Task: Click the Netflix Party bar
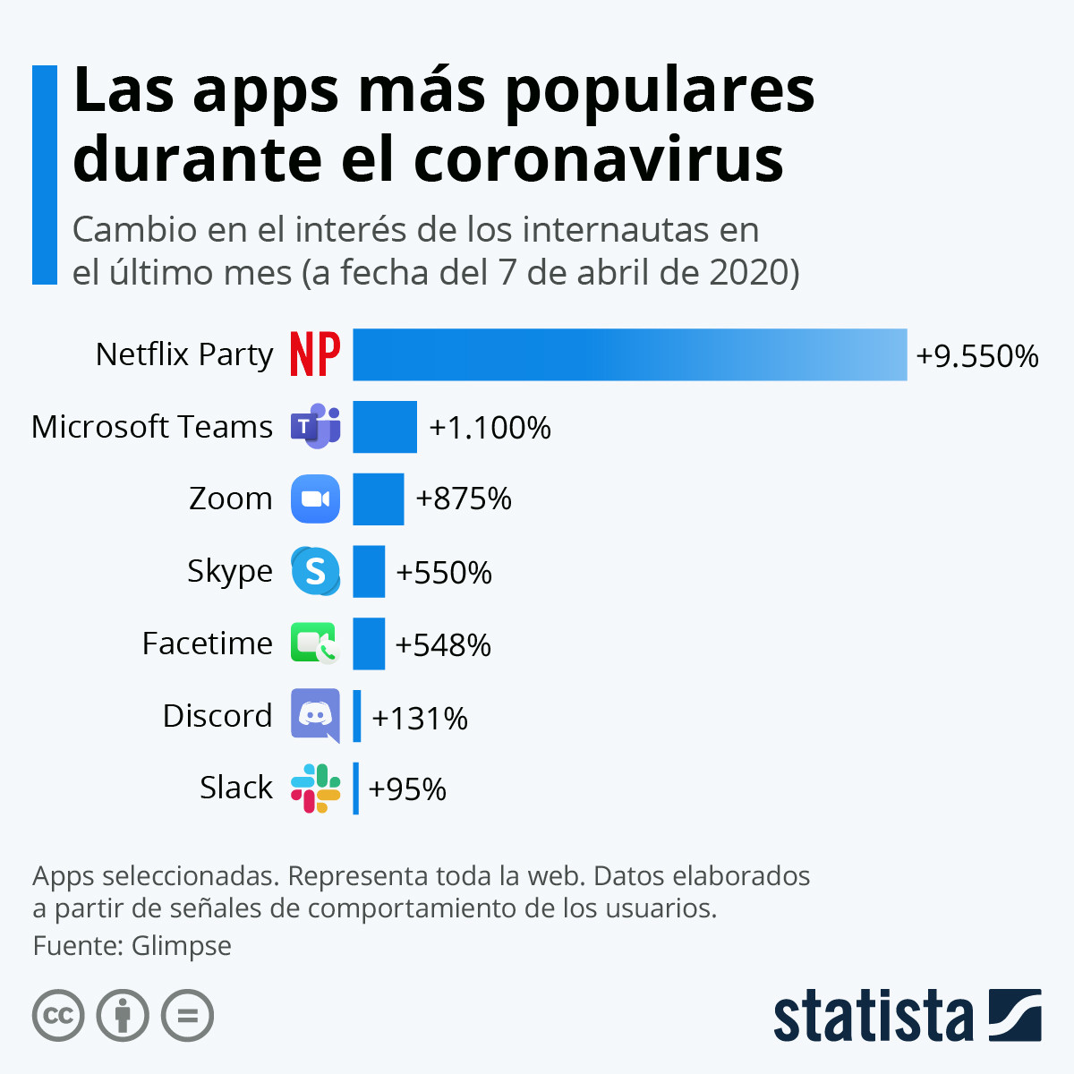coord(629,354)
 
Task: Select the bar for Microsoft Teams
coord(385,427)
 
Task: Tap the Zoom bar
coord(378,499)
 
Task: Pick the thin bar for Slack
coord(356,788)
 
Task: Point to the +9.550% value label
coord(976,356)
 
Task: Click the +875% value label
coord(464,499)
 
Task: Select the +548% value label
coord(443,645)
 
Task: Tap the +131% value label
coord(420,718)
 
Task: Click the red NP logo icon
coord(315,354)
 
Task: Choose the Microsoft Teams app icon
coord(315,427)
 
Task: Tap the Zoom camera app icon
coord(315,499)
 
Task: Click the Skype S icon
coord(315,571)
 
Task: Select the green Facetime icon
coord(315,644)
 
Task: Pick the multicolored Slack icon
coord(315,788)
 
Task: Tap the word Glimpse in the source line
coord(182,945)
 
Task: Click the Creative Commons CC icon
coord(58,1016)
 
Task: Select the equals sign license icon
coord(188,1016)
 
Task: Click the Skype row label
coord(229,571)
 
